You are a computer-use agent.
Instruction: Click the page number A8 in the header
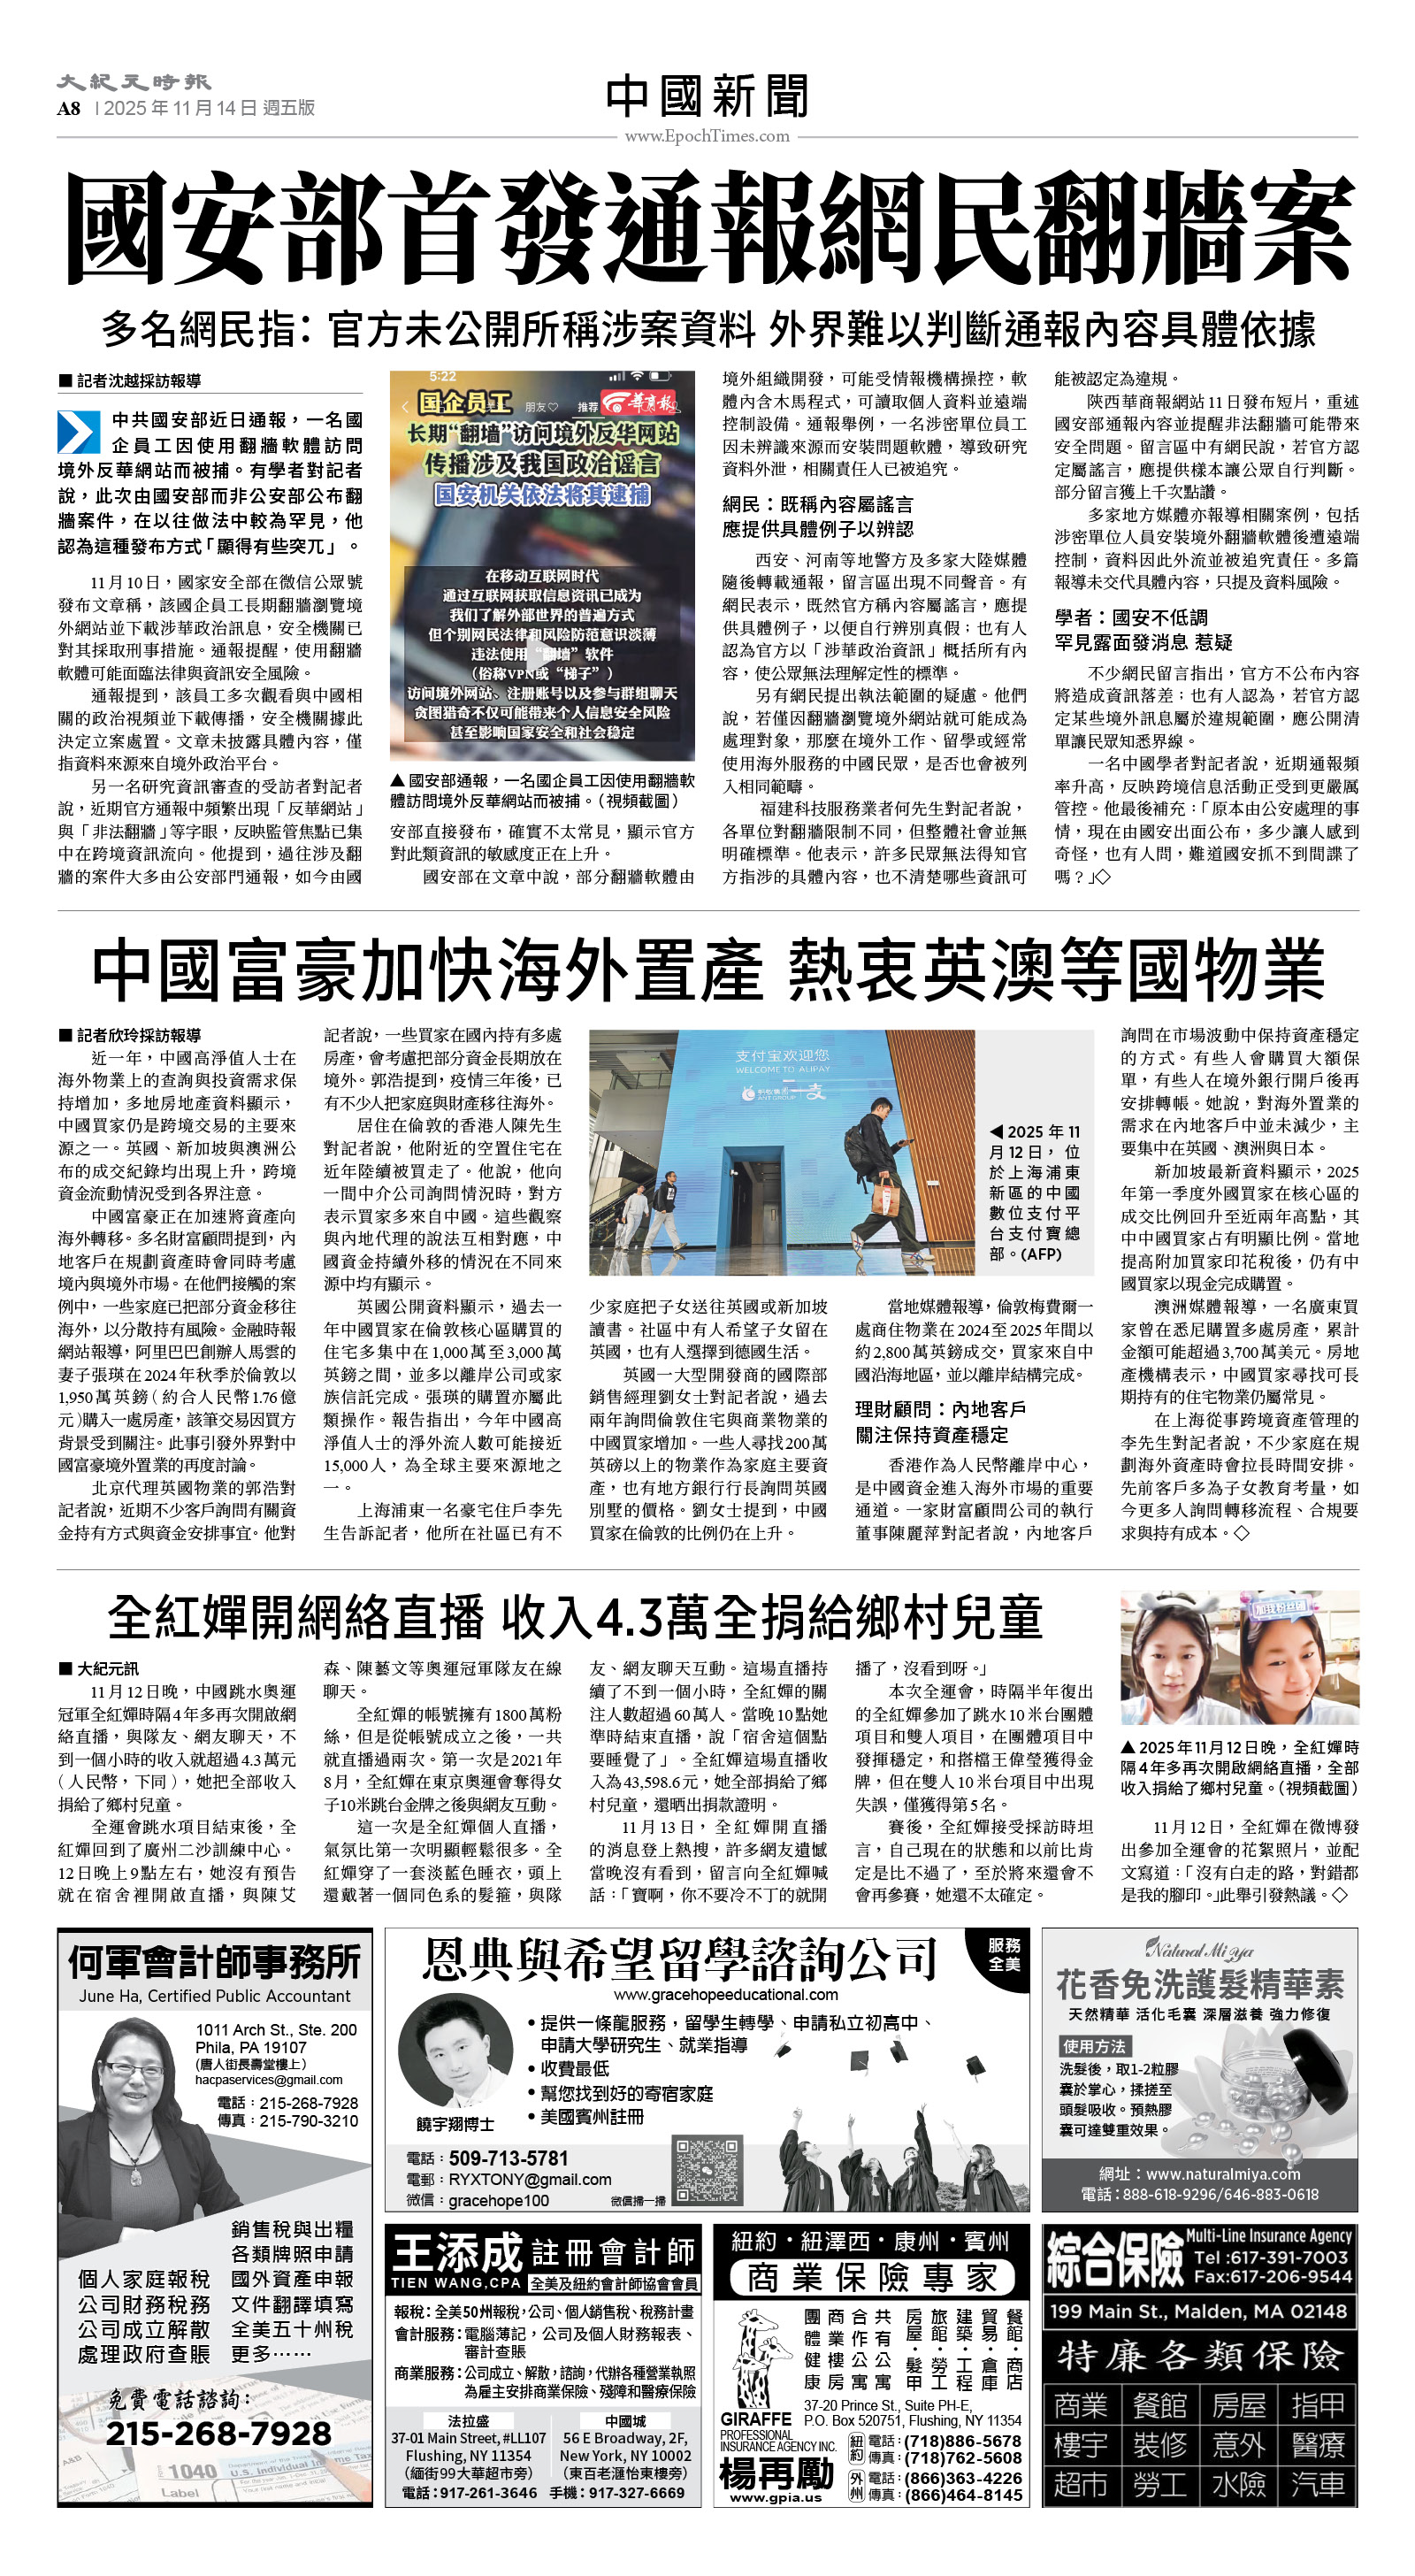pos(69,108)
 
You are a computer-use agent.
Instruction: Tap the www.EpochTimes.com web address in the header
pos(707,136)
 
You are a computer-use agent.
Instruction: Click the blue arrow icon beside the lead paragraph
pos(78,432)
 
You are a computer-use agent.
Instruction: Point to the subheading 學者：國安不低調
pos(1131,617)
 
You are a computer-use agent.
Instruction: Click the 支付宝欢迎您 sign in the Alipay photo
pos(782,1055)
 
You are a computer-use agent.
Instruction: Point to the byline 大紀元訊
pos(107,1668)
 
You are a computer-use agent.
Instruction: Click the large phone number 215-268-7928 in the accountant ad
pos(219,2433)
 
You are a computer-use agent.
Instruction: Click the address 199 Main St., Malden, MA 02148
pos(1198,2311)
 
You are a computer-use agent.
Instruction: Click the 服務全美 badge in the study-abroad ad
pos(1004,1953)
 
